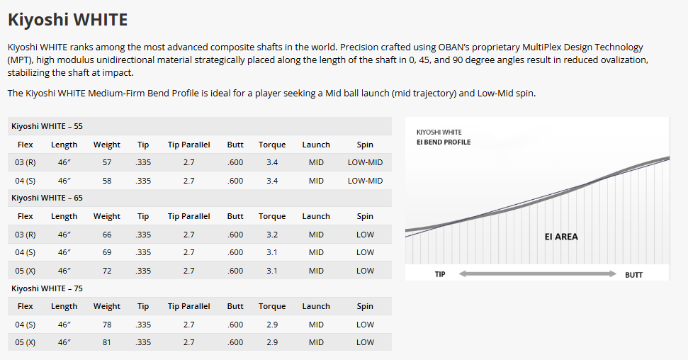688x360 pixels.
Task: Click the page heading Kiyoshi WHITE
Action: [x=67, y=19]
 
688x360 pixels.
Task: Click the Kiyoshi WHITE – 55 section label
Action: [x=47, y=126]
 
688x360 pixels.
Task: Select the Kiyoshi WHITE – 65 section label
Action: [x=47, y=198]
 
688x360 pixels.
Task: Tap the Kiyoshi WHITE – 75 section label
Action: [x=47, y=288]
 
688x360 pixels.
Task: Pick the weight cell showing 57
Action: [x=107, y=162]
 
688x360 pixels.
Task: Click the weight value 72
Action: [x=107, y=271]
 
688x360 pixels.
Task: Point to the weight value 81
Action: [x=107, y=342]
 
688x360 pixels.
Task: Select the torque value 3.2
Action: [x=272, y=235]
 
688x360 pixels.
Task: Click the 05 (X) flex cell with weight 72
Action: [x=26, y=271]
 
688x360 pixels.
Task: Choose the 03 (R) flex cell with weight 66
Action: [x=26, y=235]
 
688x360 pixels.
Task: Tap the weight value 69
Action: [x=107, y=252]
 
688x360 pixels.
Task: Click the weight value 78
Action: [x=107, y=325]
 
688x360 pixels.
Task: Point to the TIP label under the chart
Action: [x=440, y=274]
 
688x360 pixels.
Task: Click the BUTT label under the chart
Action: [x=633, y=274]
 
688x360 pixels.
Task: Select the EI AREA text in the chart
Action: [x=561, y=237]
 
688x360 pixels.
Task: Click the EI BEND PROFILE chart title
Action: [x=444, y=142]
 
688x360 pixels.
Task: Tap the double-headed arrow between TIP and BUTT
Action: [x=537, y=274]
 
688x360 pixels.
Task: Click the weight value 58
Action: [x=107, y=181]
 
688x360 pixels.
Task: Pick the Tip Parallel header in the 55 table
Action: [x=188, y=145]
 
